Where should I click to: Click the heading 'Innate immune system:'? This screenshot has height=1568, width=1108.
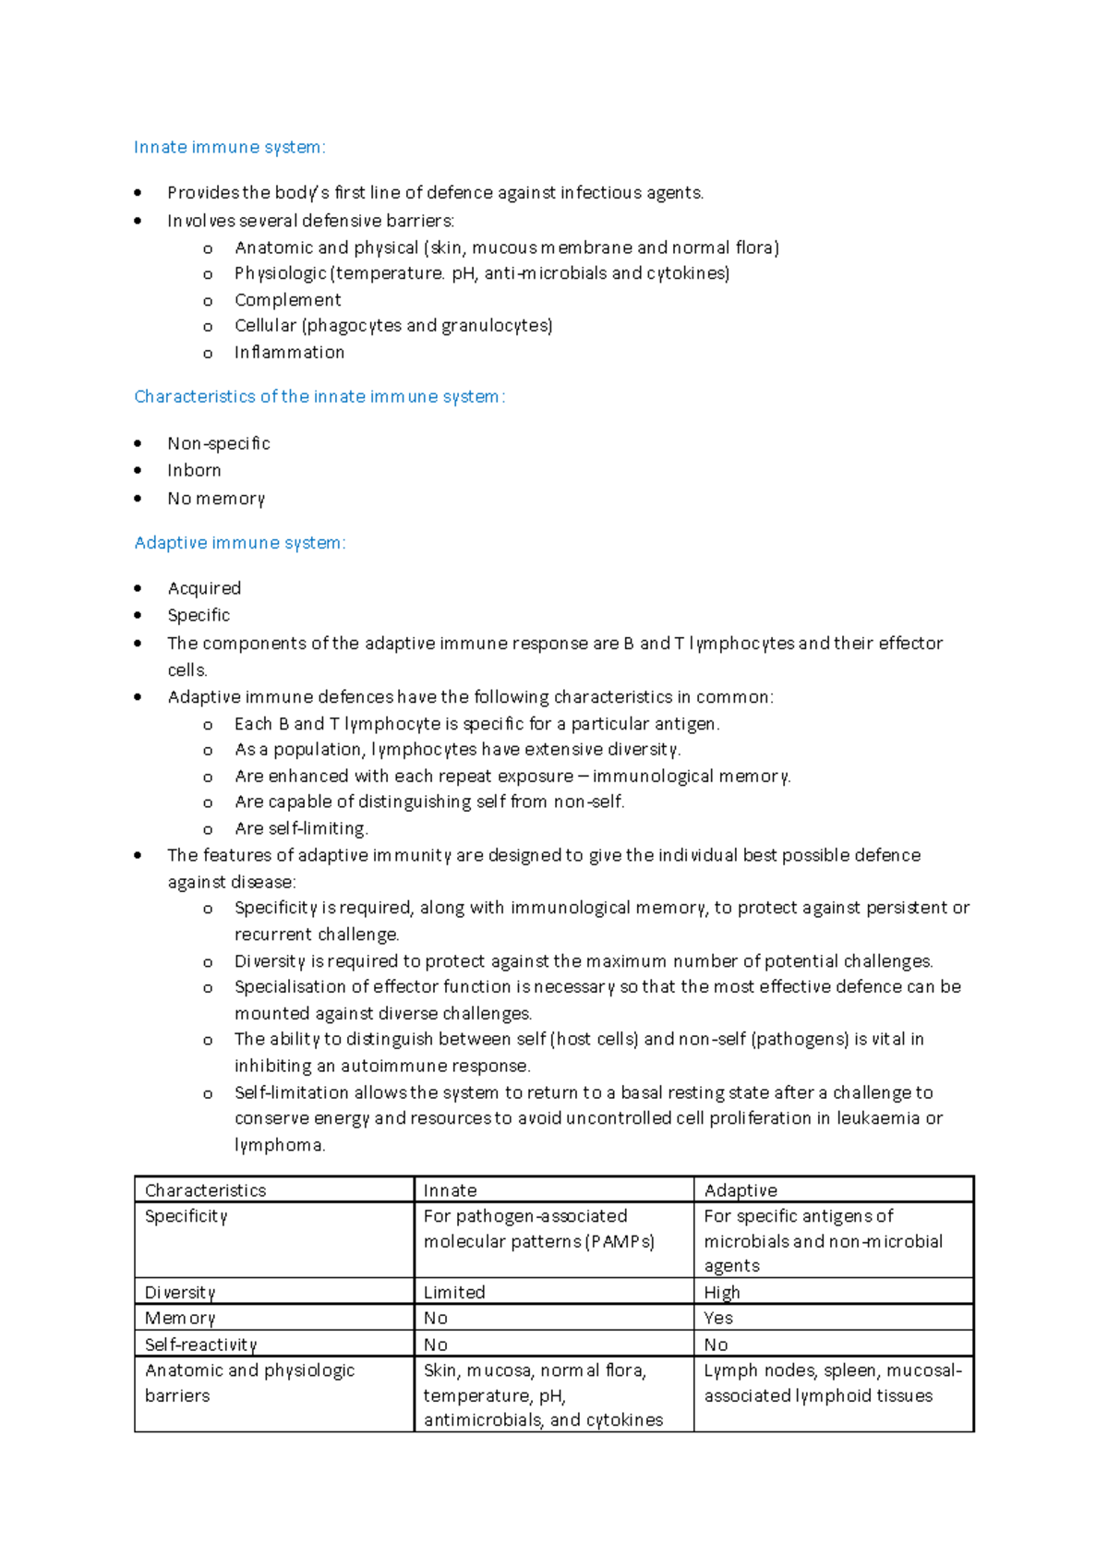tap(229, 147)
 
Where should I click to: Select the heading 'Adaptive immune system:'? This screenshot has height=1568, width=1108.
tap(239, 543)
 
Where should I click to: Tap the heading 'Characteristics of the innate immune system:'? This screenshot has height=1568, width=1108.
tap(319, 396)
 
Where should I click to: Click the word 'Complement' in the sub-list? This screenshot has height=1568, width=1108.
tap(287, 300)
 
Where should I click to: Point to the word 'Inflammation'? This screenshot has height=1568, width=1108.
tap(289, 353)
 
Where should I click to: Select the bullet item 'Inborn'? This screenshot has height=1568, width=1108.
tap(194, 470)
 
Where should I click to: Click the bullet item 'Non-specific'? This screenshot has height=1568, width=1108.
tap(218, 443)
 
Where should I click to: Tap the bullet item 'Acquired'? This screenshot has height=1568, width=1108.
tap(204, 588)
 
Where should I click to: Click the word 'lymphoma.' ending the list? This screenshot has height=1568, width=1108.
tap(280, 1145)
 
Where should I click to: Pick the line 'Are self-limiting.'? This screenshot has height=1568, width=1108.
tap(301, 828)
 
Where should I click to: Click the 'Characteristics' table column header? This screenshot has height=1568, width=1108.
tap(205, 1190)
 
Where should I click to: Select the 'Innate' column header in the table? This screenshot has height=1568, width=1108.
tap(450, 1190)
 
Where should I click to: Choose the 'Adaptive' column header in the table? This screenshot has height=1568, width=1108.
tap(741, 1190)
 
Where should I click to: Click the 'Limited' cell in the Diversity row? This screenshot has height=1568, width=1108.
tap(453, 1292)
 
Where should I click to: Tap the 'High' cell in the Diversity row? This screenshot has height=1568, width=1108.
tap(721, 1292)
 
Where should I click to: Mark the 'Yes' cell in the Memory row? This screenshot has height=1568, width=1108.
tap(717, 1318)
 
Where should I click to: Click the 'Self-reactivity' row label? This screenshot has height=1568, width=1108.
tap(200, 1345)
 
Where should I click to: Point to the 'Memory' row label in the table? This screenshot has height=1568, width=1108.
tap(179, 1318)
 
